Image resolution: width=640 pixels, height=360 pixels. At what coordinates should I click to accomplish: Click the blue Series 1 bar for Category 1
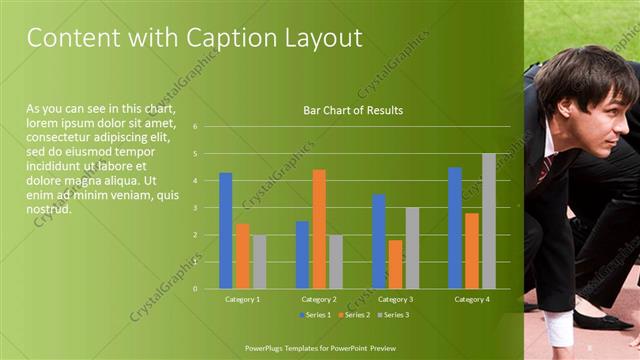click(x=226, y=231)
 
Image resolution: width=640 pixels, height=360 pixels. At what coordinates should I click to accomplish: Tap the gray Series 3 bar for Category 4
click(x=488, y=221)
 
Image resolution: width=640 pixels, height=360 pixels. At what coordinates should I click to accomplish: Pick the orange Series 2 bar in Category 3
click(x=395, y=264)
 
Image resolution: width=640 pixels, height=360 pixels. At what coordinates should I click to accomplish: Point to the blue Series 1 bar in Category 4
click(x=455, y=228)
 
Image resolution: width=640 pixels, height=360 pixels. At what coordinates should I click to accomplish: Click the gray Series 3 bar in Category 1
click(x=259, y=262)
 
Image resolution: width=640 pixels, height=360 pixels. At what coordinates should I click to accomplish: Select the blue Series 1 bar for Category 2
click(x=302, y=255)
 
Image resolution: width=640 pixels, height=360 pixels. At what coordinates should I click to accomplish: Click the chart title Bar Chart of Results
click(x=353, y=110)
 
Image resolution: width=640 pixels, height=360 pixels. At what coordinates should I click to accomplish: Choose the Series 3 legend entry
click(x=392, y=315)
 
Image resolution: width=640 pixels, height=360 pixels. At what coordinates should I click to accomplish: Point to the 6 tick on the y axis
click(x=196, y=127)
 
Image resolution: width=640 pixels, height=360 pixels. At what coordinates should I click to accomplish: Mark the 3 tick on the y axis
click(x=196, y=208)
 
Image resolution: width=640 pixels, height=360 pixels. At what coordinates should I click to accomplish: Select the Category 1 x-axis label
click(x=242, y=299)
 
